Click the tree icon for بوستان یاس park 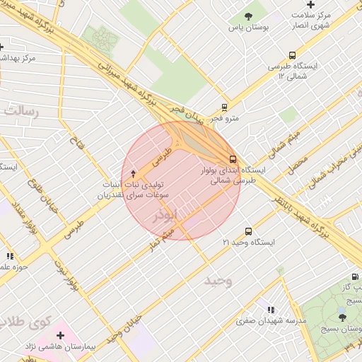coord(247,16)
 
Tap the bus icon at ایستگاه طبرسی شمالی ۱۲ coord(292,55)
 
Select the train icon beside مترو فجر coord(224,108)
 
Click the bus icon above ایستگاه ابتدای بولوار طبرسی coord(233,159)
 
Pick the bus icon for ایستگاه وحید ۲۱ coord(248,231)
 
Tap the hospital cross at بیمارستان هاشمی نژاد coord(60,335)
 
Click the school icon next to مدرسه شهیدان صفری coord(271,310)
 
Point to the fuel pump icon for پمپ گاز coord(354,276)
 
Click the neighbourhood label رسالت coord(21,110)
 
